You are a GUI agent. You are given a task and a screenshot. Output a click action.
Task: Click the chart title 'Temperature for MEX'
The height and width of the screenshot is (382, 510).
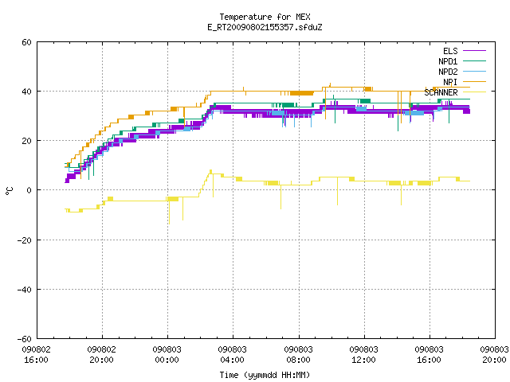tap(265, 17)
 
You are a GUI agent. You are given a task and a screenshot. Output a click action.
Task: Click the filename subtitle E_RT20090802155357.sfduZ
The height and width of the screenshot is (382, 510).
tap(265, 27)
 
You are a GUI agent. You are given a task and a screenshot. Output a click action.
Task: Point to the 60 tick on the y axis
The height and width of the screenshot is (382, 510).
tap(26, 42)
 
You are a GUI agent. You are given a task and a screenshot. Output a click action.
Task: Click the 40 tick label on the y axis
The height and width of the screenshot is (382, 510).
tap(26, 92)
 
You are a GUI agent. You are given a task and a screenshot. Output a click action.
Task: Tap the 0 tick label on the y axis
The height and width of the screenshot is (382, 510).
tap(29, 190)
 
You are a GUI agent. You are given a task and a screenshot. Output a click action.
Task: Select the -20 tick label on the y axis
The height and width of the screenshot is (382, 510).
tap(25, 240)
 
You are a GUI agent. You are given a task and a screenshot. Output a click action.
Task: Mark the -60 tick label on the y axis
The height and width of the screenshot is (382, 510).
tap(25, 339)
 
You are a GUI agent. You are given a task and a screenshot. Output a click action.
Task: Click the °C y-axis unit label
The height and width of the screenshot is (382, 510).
tap(9, 191)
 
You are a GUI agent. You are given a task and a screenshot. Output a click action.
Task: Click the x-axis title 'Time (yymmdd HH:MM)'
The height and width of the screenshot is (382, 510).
tap(265, 375)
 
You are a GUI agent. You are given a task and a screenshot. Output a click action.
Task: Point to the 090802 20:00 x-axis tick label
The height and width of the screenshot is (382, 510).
tap(101, 355)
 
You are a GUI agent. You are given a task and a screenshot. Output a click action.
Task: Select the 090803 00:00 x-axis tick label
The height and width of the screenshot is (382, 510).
tap(167, 355)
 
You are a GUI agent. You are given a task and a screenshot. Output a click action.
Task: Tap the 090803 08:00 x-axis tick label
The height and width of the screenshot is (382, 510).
tap(298, 355)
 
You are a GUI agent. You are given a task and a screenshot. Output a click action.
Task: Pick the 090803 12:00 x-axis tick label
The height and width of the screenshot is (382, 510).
tap(363, 355)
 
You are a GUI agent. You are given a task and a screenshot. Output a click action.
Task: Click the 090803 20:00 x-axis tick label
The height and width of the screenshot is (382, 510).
tap(494, 355)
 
